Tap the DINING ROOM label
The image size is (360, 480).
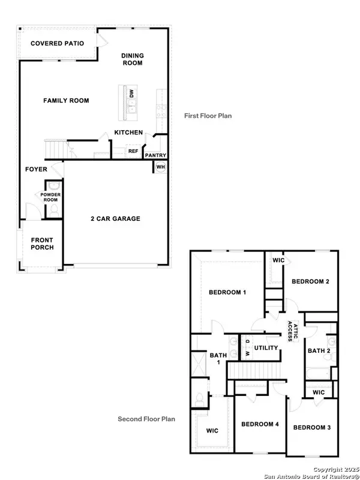133,59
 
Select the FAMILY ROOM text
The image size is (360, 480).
66,101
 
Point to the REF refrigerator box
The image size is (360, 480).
133,151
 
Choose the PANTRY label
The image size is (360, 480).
155,155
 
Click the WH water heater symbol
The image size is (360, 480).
161,166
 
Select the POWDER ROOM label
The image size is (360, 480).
51,197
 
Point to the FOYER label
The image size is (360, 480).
36,169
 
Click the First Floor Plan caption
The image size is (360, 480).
208,116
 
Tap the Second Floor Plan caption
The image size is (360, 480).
146,419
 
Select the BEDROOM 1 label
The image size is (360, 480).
227,292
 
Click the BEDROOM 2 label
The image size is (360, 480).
310,281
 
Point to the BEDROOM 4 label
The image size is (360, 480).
260,424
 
